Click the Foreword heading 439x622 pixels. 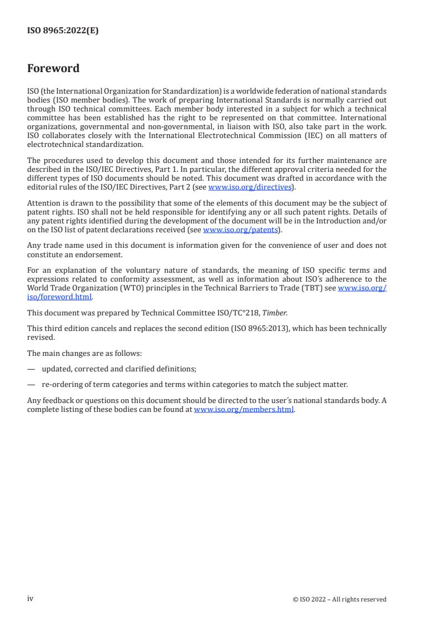53,69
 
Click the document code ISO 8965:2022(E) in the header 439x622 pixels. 63,31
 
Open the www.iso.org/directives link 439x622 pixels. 250,187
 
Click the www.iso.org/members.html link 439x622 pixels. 244,410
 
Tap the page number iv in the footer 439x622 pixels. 30,599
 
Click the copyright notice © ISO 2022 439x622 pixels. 339,599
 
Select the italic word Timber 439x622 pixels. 277,313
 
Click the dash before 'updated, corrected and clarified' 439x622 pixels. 31,369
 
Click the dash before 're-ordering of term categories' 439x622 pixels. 31,385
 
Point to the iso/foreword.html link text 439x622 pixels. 59,297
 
